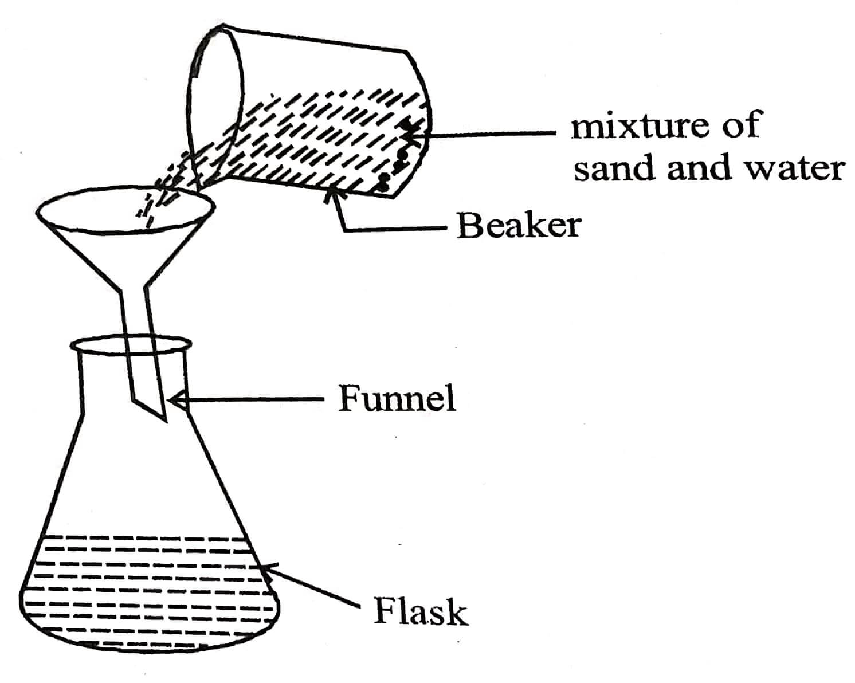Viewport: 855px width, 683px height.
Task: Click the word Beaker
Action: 519,225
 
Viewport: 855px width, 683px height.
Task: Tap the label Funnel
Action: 397,398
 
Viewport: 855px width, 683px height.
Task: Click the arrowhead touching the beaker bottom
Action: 331,195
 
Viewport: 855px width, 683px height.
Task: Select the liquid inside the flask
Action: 149,584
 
